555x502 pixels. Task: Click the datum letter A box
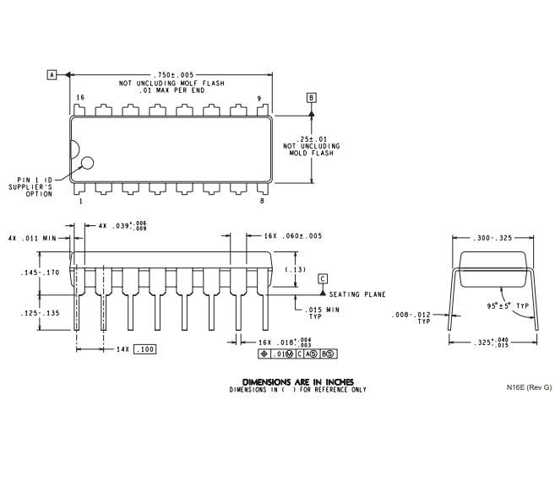pos(52,75)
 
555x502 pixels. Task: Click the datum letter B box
pos(311,98)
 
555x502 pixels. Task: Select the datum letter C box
pos(322,278)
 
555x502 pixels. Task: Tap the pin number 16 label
pos(80,98)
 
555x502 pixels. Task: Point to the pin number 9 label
pos(259,98)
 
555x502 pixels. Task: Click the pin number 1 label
pos(80,202)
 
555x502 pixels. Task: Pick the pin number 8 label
pos(262,202)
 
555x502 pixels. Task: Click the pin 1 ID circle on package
pos(87,163)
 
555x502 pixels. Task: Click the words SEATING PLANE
pos(357,294)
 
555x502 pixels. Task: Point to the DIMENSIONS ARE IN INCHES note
pos(298,381)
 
